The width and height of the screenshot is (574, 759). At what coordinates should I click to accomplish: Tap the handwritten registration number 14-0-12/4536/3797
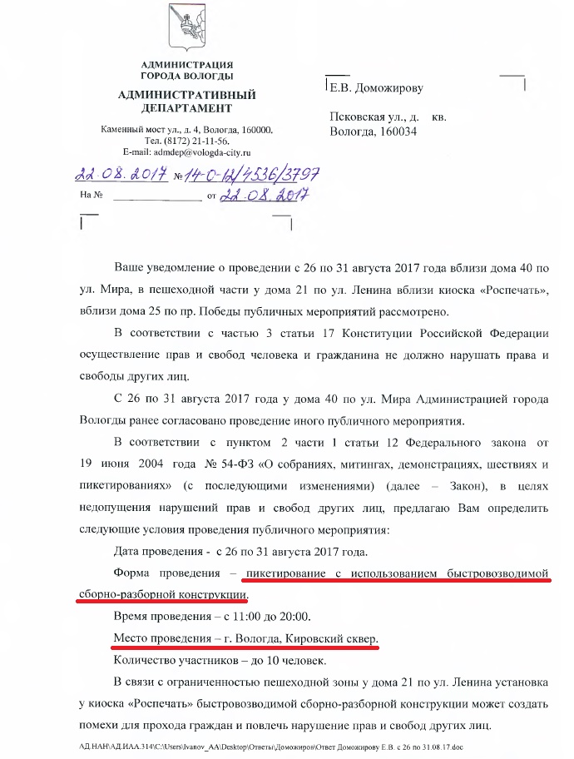249,176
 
